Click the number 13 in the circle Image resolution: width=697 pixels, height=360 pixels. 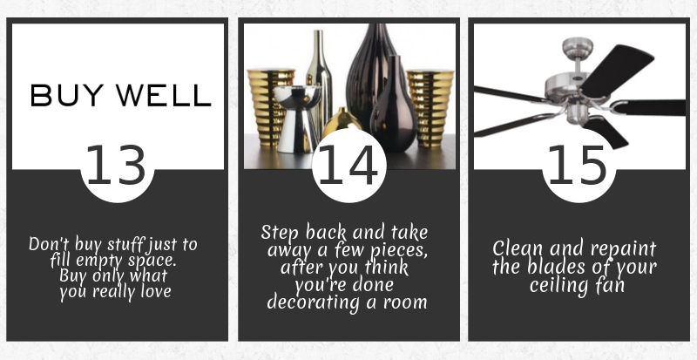pos(116,165)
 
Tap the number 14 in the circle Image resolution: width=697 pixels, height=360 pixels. pos(348,165)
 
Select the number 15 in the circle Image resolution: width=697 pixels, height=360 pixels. pos(578,165)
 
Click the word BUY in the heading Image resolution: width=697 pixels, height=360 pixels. pos(67,95)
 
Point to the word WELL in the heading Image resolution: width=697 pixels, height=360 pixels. pos(164,95)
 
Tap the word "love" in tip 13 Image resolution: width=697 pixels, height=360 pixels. pos(156,291)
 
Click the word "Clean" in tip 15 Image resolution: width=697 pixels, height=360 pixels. pos(518,248)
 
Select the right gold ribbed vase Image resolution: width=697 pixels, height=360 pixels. pos(430,108)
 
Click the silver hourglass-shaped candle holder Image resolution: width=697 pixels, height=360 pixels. pos(297,119)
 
